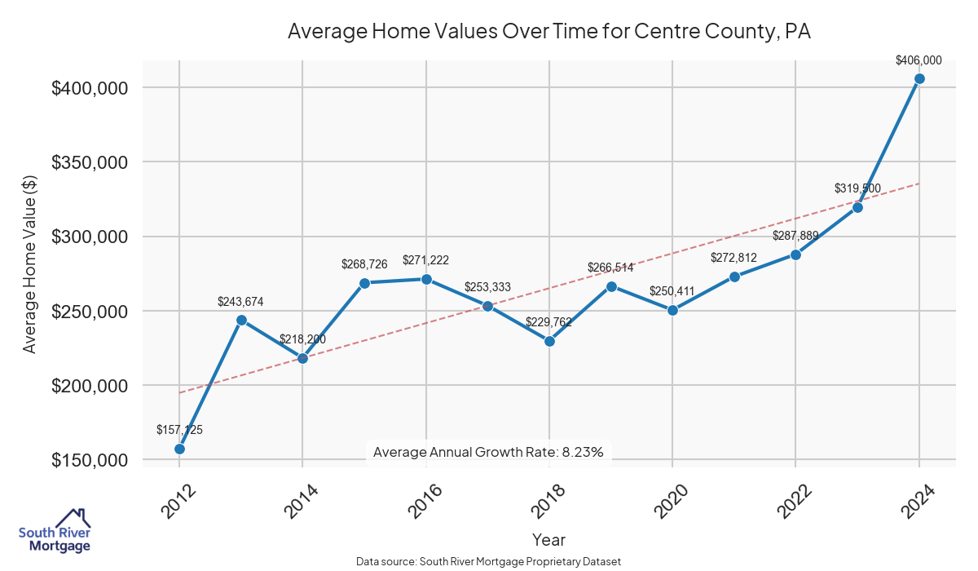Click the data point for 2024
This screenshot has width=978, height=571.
click(919, 78)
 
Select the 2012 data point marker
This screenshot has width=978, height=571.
click(179, 449)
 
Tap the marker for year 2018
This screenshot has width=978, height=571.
click(549, 341)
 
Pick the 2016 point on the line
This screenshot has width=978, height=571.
click(426, 279)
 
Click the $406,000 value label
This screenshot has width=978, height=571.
click(919, 60)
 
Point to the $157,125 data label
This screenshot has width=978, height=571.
click(179, 429)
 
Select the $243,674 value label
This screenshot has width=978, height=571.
click(240, 301)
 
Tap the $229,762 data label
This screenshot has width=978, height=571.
click(548, 322)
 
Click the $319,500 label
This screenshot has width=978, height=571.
click(857, 188)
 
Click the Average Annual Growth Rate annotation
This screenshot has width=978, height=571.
click(487, 452)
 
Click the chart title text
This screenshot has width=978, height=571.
click(549, 32)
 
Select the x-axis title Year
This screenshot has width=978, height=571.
click(548, 539)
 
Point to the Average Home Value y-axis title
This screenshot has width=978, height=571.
click(29, 264)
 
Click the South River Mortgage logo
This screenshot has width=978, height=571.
click(55, 531)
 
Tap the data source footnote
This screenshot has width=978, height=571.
click(488, 561)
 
